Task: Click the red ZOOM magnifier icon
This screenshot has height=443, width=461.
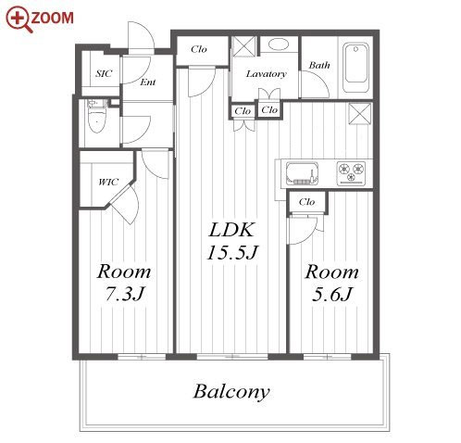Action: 19,19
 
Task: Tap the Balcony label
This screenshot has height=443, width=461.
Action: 231,392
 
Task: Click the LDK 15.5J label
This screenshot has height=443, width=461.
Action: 231,241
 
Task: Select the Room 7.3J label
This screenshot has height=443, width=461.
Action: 124,283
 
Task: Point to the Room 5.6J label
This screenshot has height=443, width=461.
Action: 332,283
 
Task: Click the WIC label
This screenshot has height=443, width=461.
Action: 108,182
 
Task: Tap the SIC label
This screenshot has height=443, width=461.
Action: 104,73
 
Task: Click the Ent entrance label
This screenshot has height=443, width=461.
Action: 148,82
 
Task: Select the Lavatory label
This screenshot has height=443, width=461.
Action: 267,74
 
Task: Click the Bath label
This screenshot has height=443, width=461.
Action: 319,65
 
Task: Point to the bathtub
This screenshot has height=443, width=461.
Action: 356,68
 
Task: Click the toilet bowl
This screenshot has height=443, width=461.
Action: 97,118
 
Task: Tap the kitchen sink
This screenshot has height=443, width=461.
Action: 302,173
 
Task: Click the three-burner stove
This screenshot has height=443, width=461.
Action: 351,173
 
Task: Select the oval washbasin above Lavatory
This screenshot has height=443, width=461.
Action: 279,44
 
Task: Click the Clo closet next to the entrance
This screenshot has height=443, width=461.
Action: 199,49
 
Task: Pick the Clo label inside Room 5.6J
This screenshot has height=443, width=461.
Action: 306,202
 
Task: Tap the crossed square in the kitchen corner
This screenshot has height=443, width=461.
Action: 360,114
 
